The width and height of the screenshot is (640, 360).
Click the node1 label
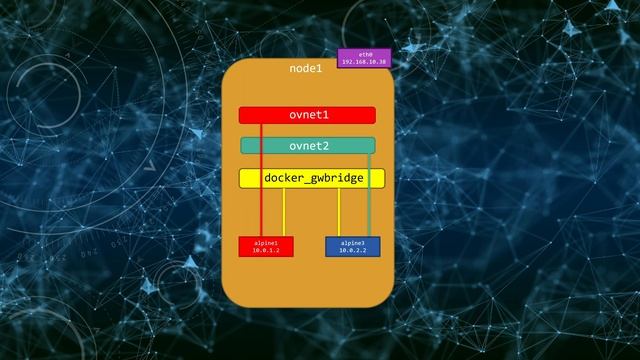(306, 69)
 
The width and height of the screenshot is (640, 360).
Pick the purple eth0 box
(364, 57)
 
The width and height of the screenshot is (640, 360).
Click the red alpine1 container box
(266, 247)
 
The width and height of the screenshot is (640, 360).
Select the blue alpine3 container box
(352, 247)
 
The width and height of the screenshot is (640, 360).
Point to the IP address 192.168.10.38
(364, 62)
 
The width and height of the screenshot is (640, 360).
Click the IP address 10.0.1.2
(266, 250)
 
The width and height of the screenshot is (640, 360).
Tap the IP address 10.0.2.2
(353, 250)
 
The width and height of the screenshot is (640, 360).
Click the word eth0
(364, 53)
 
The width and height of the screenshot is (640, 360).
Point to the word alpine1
(266, 243)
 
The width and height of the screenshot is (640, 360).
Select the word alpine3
(353, 243)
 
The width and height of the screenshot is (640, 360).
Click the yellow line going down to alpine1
(284, 212)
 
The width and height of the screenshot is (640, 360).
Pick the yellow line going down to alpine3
(339, 212)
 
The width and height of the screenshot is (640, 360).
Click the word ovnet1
(308, 115)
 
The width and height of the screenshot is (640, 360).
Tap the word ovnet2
(308, 146)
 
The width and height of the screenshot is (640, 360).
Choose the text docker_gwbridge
(312, 179)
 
